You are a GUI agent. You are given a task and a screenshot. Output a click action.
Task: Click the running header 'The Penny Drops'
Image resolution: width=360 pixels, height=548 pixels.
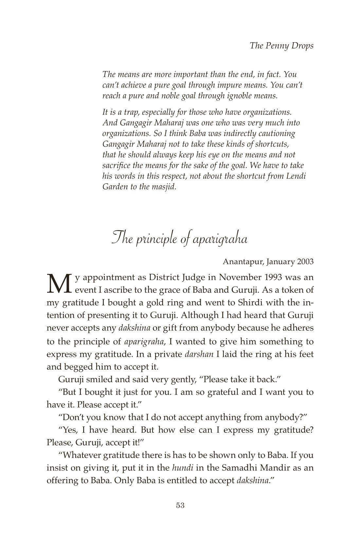(281, 46)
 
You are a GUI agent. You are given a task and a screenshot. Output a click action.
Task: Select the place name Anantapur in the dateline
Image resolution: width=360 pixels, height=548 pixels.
(243, 262)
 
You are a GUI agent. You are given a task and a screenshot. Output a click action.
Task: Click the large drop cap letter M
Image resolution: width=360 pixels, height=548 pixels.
(59, 283)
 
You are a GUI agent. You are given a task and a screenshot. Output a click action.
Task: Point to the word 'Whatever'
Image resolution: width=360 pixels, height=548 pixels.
(82, 455)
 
